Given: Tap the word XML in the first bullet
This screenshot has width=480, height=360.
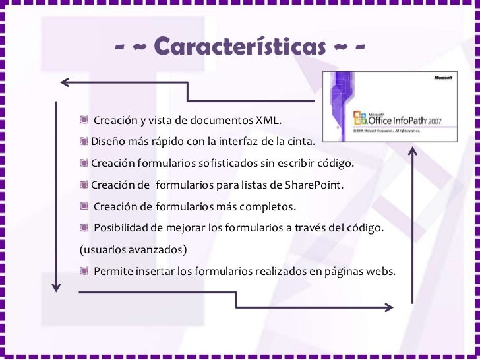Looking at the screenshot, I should pos(268,121).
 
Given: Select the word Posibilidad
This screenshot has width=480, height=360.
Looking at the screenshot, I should pos(121,227).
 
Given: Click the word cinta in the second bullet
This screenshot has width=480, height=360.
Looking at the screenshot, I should pos(300,142).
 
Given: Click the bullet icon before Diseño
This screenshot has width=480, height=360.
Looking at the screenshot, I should pos(84,142).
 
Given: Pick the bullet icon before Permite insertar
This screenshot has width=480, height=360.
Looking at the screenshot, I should pos(84,271).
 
